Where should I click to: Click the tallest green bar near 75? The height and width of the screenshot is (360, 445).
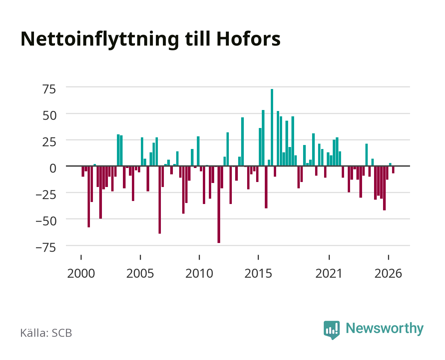pos(272,127)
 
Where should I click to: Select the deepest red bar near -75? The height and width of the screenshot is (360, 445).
pos(219,204)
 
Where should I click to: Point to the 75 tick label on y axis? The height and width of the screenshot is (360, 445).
pos(49,89)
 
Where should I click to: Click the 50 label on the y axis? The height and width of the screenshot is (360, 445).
pos(49,116)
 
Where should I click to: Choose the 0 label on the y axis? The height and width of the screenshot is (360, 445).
pos(53,168)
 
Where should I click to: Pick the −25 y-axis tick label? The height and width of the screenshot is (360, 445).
pos(46,195)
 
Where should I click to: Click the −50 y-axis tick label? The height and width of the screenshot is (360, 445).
pos(46,221)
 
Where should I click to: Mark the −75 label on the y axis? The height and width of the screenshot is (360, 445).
pos(46,248)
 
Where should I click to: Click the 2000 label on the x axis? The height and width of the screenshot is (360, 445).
pos(81,273)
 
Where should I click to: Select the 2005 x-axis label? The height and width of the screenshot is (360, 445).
pos(140,273)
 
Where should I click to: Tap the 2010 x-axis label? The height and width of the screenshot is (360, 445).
pos(199,273)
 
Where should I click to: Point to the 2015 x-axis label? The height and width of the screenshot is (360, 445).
pos(258,273)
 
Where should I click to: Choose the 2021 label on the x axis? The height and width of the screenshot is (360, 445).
pos(329,273)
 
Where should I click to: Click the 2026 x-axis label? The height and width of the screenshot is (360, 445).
pos(388,273)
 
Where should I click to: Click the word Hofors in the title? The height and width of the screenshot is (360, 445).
pos(248,39)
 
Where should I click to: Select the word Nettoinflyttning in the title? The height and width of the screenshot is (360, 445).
pos(100,40)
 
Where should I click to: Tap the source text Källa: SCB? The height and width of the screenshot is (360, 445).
pos(46,333)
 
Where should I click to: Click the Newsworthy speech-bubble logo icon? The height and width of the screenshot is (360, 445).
pos(331,330)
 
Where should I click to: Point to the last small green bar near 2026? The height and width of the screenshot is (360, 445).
pos(390,165)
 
